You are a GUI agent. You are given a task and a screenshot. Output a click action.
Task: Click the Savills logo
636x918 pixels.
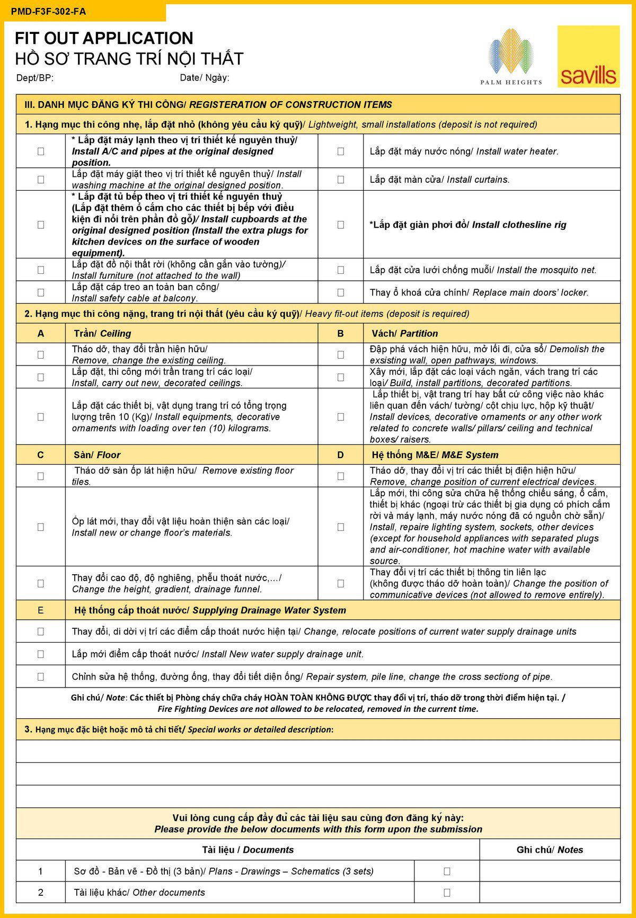[588, 57]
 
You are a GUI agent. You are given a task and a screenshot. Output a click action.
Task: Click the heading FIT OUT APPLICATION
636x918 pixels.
[104, 38]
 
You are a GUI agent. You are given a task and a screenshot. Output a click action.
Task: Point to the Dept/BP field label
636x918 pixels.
[35, 78]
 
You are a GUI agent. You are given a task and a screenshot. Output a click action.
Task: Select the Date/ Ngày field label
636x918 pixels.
[205, 78]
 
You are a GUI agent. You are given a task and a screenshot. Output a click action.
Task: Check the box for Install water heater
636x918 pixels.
[341, 151]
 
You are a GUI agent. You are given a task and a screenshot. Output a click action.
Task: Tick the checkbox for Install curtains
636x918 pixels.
[341, 180]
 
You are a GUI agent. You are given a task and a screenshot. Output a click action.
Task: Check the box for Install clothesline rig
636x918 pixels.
[341, 225]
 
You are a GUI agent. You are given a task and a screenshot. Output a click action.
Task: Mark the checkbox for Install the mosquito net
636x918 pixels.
[341, 270]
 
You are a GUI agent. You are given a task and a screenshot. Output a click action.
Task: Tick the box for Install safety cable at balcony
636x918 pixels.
[41, 292]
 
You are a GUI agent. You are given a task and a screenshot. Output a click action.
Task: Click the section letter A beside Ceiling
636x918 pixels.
[41, 334]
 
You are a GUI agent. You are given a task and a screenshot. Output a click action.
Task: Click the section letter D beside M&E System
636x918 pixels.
[341, 455]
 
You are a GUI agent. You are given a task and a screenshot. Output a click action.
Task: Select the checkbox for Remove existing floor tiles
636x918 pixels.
[41, 476]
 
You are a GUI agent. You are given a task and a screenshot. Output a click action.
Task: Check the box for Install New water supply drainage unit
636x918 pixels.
[41, 654]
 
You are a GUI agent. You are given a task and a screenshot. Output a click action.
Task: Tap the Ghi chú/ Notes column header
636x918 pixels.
[550, 850]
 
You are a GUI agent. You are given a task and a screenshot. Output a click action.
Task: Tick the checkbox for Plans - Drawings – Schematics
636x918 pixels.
[447, 871]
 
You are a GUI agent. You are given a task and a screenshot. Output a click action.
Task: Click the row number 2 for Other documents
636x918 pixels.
[41, 893]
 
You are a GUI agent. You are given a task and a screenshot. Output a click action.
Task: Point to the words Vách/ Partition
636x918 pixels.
[405, 334]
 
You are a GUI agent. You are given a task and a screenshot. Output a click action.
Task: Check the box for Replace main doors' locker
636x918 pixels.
[341, 292]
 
